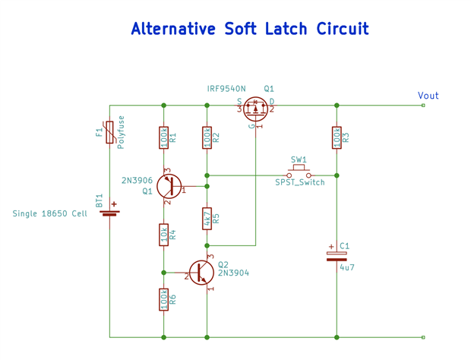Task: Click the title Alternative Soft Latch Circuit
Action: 249,30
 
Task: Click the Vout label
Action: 428,96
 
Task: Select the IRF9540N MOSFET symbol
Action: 256,109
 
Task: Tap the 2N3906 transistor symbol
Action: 170,186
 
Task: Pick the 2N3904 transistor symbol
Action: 201,272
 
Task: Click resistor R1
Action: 163,137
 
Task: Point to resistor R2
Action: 207,137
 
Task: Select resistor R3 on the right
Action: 337,137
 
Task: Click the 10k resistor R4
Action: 163,235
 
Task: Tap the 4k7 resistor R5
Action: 207,219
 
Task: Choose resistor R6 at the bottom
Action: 163,299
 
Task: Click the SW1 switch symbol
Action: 299,174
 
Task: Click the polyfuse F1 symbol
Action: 110,132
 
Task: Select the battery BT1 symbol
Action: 110,210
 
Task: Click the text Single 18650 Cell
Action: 49,214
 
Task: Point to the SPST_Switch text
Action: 300,183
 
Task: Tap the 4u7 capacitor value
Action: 347,268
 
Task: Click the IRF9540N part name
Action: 226,89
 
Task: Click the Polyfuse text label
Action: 121,131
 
